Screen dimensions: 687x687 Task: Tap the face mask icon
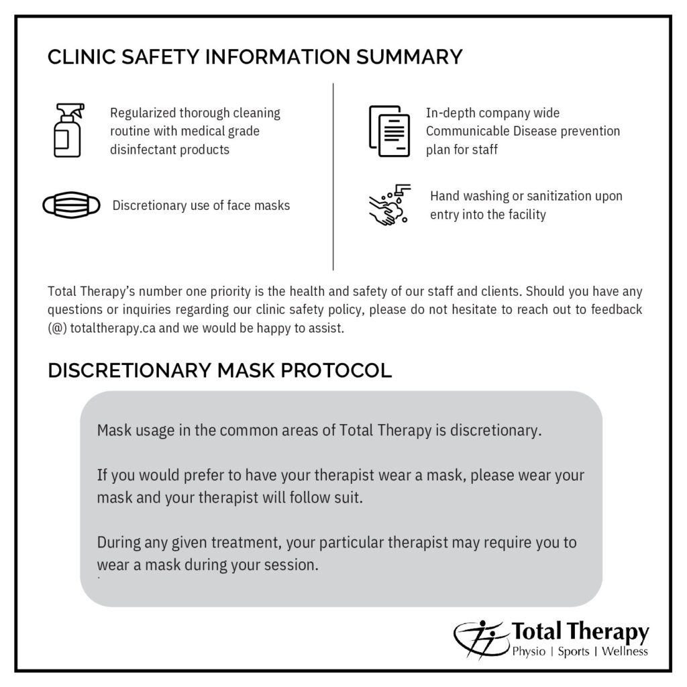click(71, 205)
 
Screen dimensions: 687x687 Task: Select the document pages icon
click(389, 131)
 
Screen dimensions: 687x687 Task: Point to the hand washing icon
click(390, 205)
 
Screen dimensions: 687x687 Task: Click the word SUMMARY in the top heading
click(409, 57)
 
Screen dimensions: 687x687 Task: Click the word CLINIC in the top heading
click(81, 57)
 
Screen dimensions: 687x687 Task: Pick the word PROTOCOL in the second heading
click(336, 370)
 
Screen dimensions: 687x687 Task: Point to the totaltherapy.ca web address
click(113, 328)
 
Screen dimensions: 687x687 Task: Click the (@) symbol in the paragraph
click(58, 329)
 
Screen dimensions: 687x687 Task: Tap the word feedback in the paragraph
click(617, 309)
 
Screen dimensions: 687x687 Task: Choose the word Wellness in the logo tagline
click(625, 651)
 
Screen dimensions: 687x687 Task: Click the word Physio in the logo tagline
click(529, 651)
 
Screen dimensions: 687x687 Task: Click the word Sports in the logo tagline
click(574, 652)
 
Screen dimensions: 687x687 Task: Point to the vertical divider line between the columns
click(333, 176)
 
